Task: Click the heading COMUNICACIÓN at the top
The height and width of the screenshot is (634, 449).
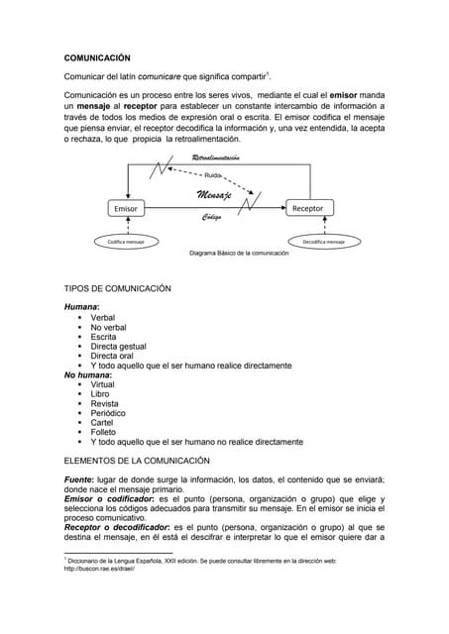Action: tap(97, 58)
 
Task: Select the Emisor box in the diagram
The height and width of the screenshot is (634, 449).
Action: tap(126, 209)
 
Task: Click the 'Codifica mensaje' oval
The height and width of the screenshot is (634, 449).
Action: tap(126, 241)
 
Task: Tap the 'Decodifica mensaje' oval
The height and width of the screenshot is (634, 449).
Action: tap(323, 241)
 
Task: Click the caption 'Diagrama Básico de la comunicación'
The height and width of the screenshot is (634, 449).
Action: tap(239, 254)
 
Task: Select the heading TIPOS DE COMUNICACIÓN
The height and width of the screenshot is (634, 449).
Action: tap(117, 288)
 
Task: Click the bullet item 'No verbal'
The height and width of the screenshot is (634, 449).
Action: tap(108, 327)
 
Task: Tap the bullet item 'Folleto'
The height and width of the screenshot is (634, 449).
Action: tap(105, 432)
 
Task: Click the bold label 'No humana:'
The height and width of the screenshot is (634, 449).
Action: tap(87, 375)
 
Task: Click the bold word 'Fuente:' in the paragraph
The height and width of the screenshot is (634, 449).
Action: tap(79, 479)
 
